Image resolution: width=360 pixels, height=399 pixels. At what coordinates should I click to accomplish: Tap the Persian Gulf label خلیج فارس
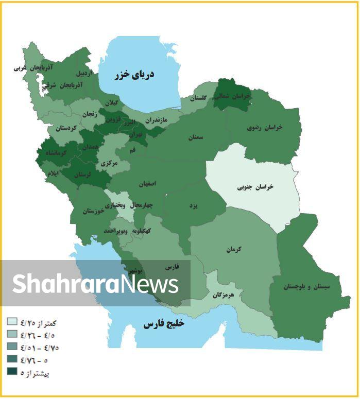click(163, 324)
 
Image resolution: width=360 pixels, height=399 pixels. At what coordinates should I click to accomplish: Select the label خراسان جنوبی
click(256, 187)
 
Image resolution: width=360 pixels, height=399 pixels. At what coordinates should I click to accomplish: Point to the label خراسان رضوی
click(266, 127)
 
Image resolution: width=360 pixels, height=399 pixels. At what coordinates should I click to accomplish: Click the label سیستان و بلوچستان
click(308, 287)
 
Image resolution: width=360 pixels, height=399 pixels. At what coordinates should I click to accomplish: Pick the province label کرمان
click(233, 250)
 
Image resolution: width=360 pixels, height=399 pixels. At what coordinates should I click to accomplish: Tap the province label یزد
click(194, 205)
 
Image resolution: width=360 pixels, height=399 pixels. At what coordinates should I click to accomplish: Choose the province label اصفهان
click(147, 183)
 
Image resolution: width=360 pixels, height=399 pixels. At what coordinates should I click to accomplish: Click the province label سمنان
click(196, 137)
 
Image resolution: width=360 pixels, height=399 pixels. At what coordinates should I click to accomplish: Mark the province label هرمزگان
click(223, 296)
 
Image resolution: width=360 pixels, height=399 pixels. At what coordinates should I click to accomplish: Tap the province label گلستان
click(198, 98)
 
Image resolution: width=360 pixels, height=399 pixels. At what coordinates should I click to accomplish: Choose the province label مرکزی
click(109, 163)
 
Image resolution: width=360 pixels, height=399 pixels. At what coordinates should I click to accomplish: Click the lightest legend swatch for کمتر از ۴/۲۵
click(12, 322)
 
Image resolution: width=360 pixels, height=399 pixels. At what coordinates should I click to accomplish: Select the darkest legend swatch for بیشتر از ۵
click(12, 371)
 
